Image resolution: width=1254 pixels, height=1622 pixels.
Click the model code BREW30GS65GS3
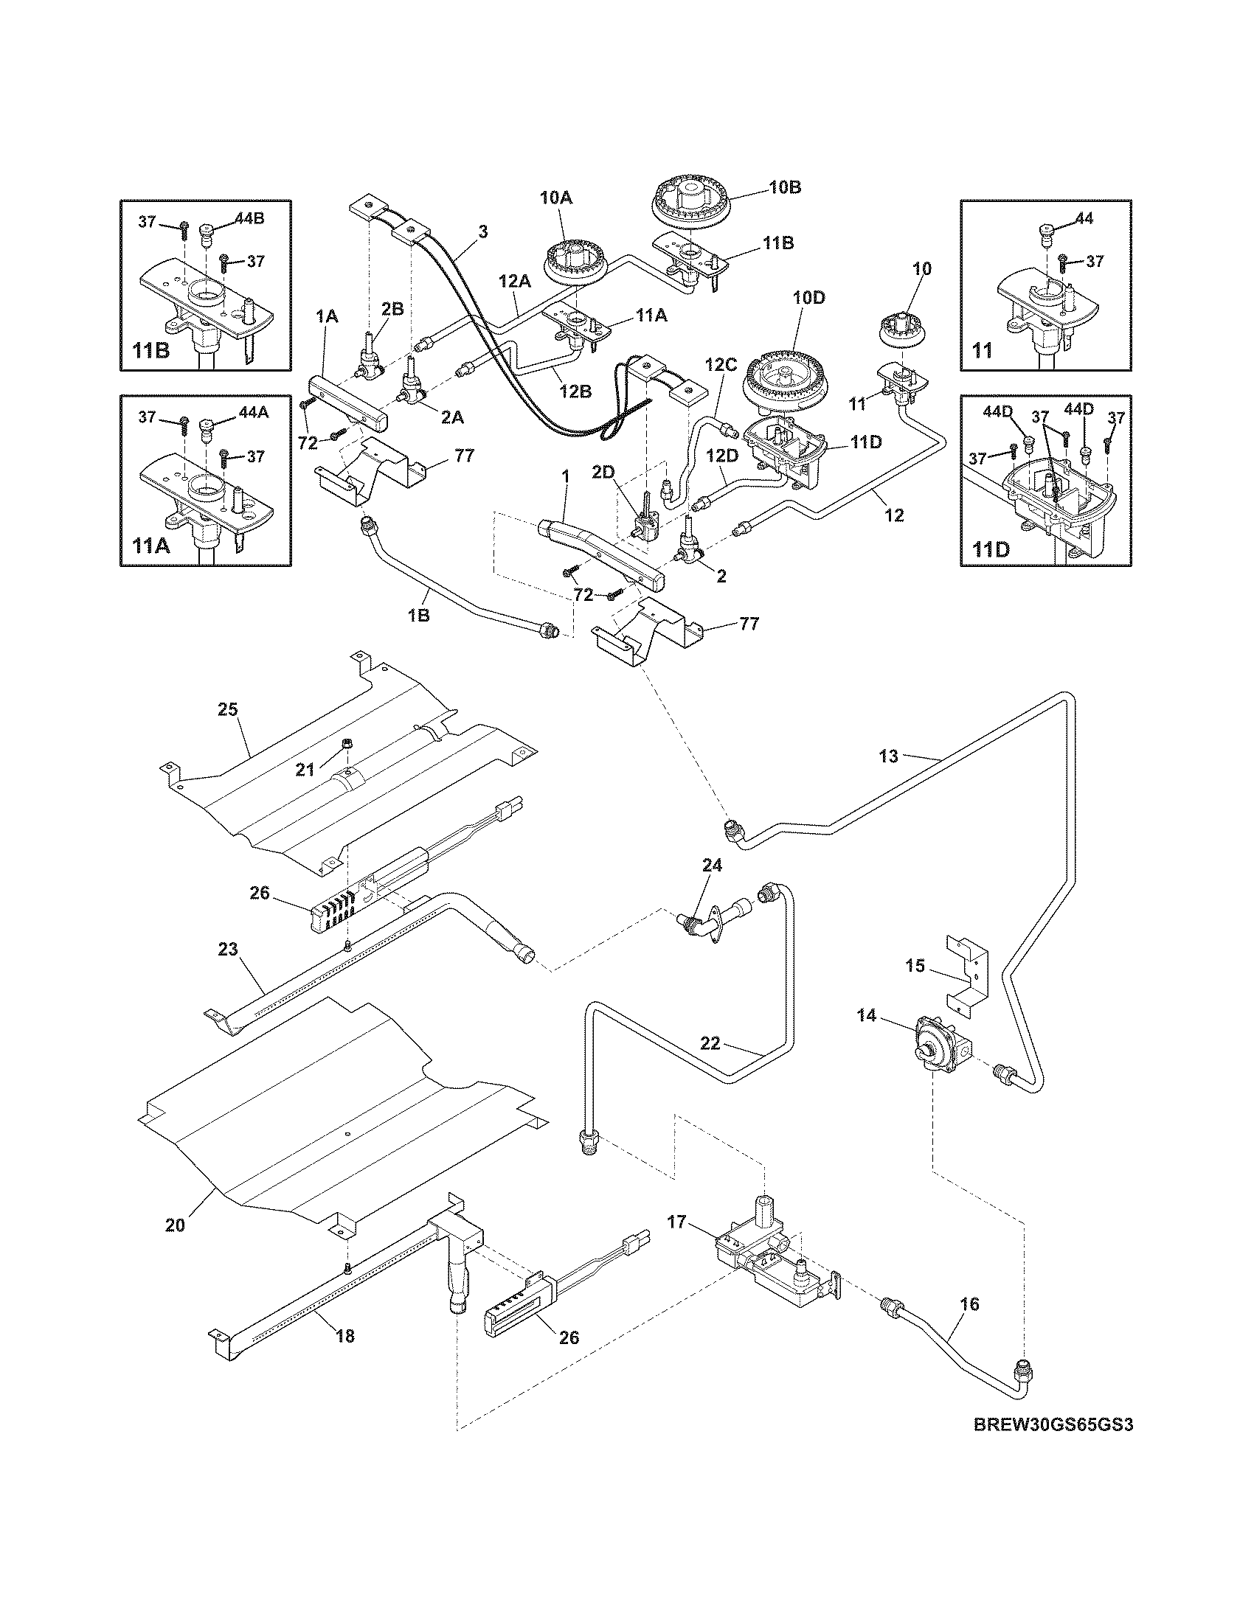(1053, 1445)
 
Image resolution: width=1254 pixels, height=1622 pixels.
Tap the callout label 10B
(785, 187)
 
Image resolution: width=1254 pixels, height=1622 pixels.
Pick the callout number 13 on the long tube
(889, 756)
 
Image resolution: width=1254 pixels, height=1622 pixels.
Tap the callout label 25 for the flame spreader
(227, 709)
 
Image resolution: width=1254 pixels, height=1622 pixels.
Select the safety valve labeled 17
(772, 1255)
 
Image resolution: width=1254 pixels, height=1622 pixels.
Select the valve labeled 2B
(370, 363)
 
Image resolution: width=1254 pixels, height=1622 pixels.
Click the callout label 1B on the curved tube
(419, 615)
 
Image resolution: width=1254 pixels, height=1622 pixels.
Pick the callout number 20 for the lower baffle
(175, 1225)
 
